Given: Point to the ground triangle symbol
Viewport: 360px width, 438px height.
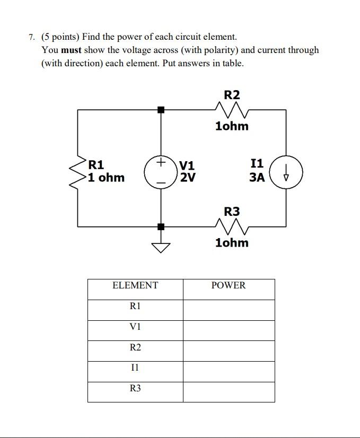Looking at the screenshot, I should (161, 247).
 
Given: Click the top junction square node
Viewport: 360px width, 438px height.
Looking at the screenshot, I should (161, 110).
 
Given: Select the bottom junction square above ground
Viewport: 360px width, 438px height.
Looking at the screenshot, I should (161, 227).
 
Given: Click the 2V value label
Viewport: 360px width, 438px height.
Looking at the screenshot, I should (188, 178).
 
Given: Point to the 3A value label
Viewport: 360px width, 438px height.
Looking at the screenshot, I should (257, 177).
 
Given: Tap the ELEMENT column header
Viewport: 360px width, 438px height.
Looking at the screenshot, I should (135, 286).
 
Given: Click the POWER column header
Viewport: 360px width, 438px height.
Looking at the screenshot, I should (229, 286).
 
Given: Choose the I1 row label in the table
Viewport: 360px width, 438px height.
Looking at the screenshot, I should (135, 367).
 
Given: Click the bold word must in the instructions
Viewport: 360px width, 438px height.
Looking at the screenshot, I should (72, 50).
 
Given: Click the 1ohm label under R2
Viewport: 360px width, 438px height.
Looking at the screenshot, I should (232, 126).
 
